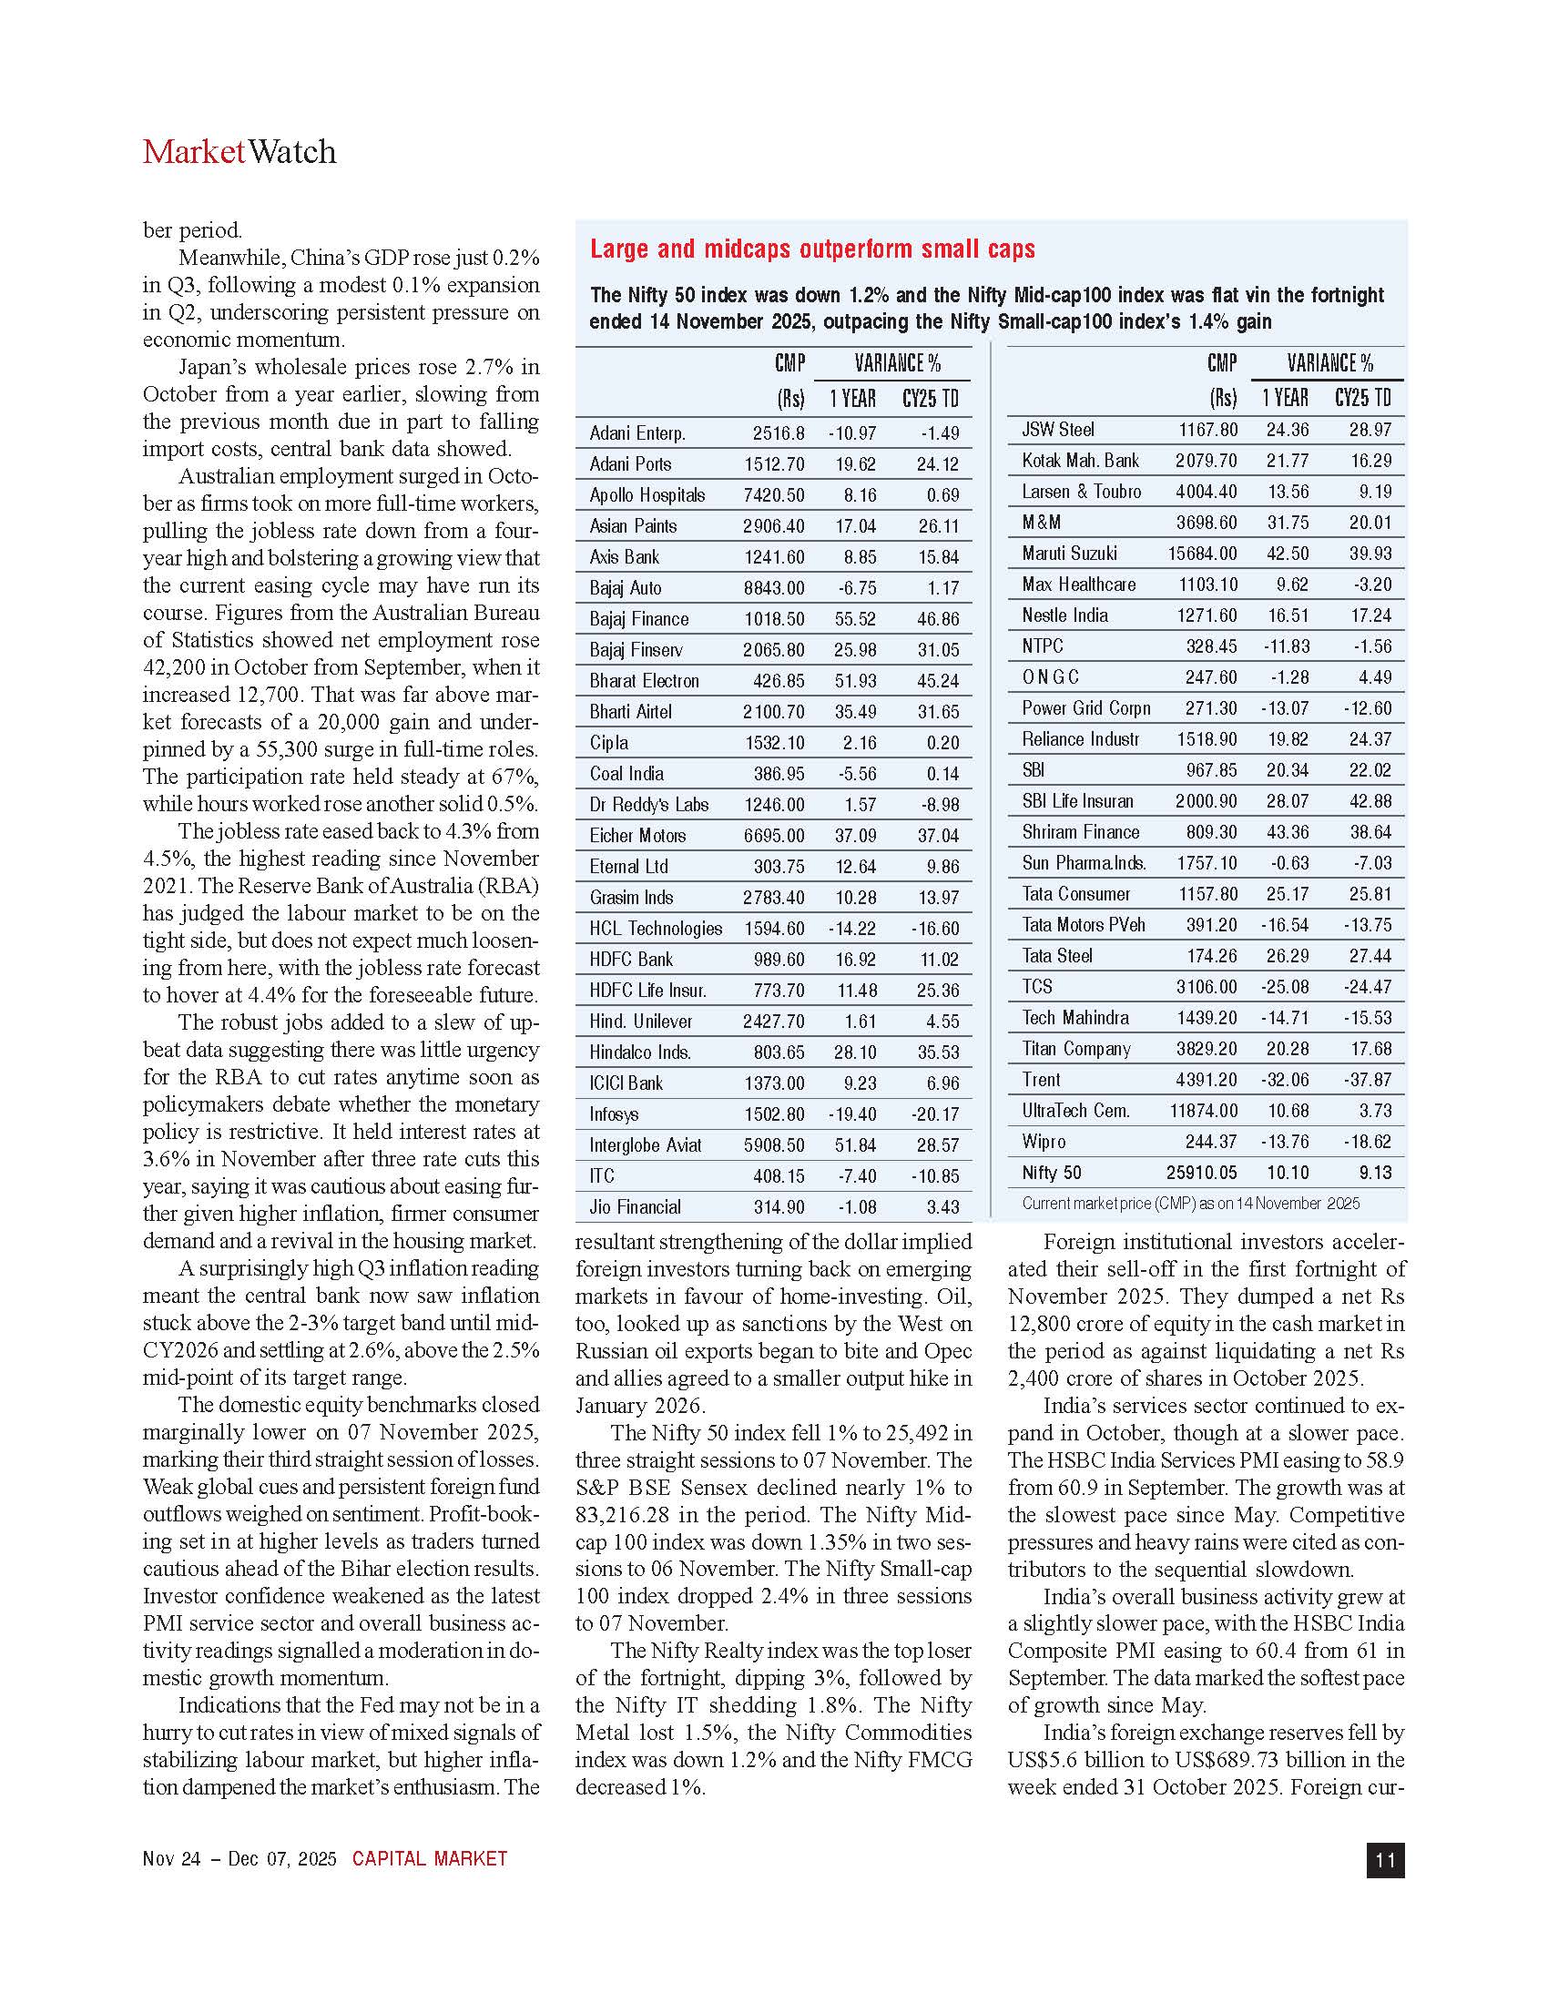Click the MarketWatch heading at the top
pos(239,152)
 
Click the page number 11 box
pos(1385,1860)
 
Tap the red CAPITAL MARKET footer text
pos(429,1859)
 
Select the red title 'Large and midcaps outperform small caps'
pos(811,249)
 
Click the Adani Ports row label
pos(630,464)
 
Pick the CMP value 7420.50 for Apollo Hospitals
pos(774,495)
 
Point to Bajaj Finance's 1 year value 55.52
pos(855,619)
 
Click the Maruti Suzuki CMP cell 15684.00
pos(1201,554)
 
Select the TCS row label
pos(1037,987)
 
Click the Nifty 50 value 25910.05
pos(1201,1173)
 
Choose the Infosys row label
pos(614,1114)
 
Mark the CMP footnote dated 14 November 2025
pos(1190,1204)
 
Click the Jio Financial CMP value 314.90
pos(779,1207)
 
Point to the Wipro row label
pos(1044,1142)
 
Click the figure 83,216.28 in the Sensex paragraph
pos(619,1515)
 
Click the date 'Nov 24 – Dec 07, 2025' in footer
pos(239,1859)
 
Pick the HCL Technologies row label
pos(656,929)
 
